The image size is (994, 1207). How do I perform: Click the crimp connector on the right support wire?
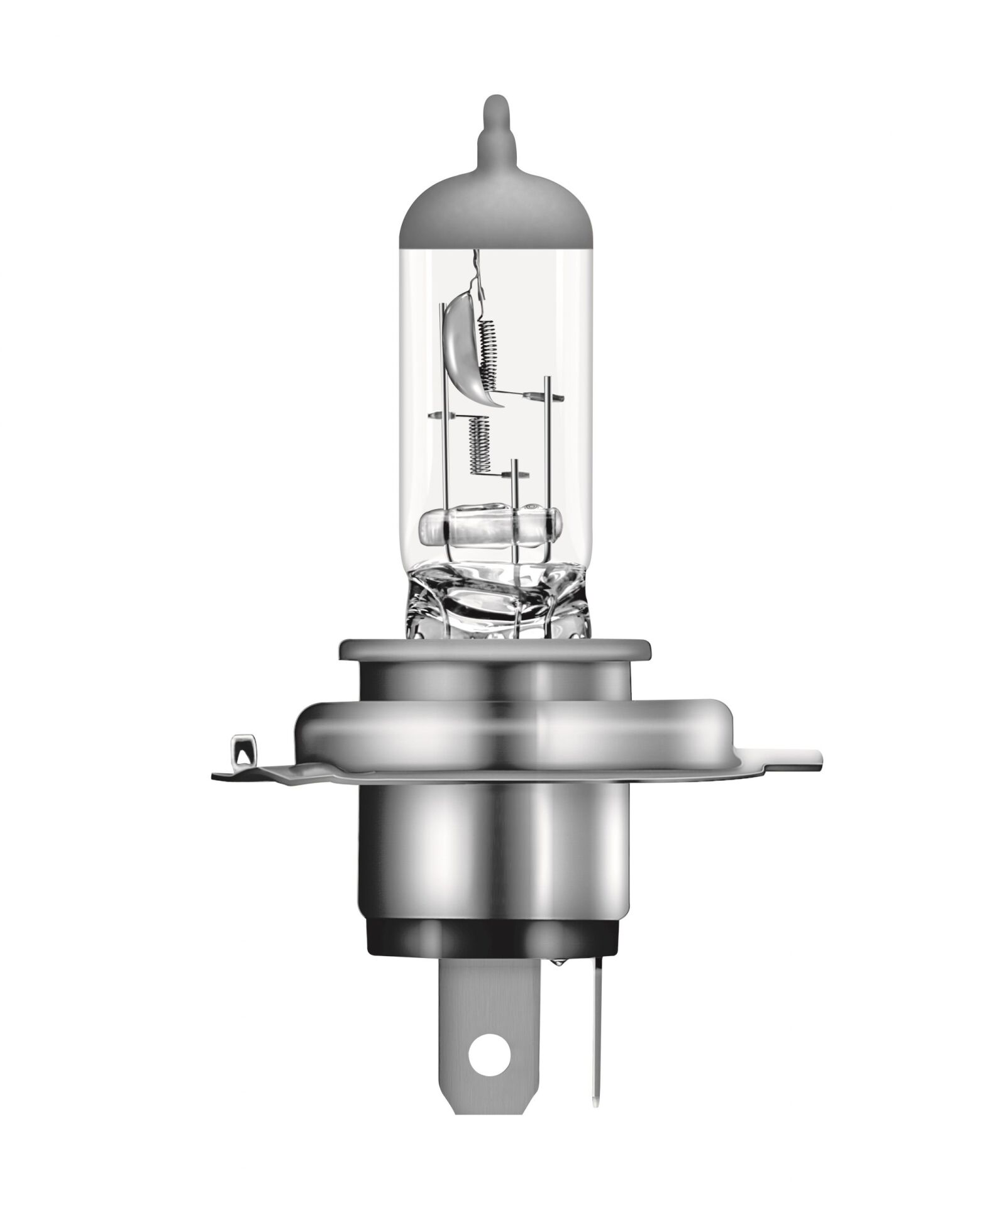point(531,396)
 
